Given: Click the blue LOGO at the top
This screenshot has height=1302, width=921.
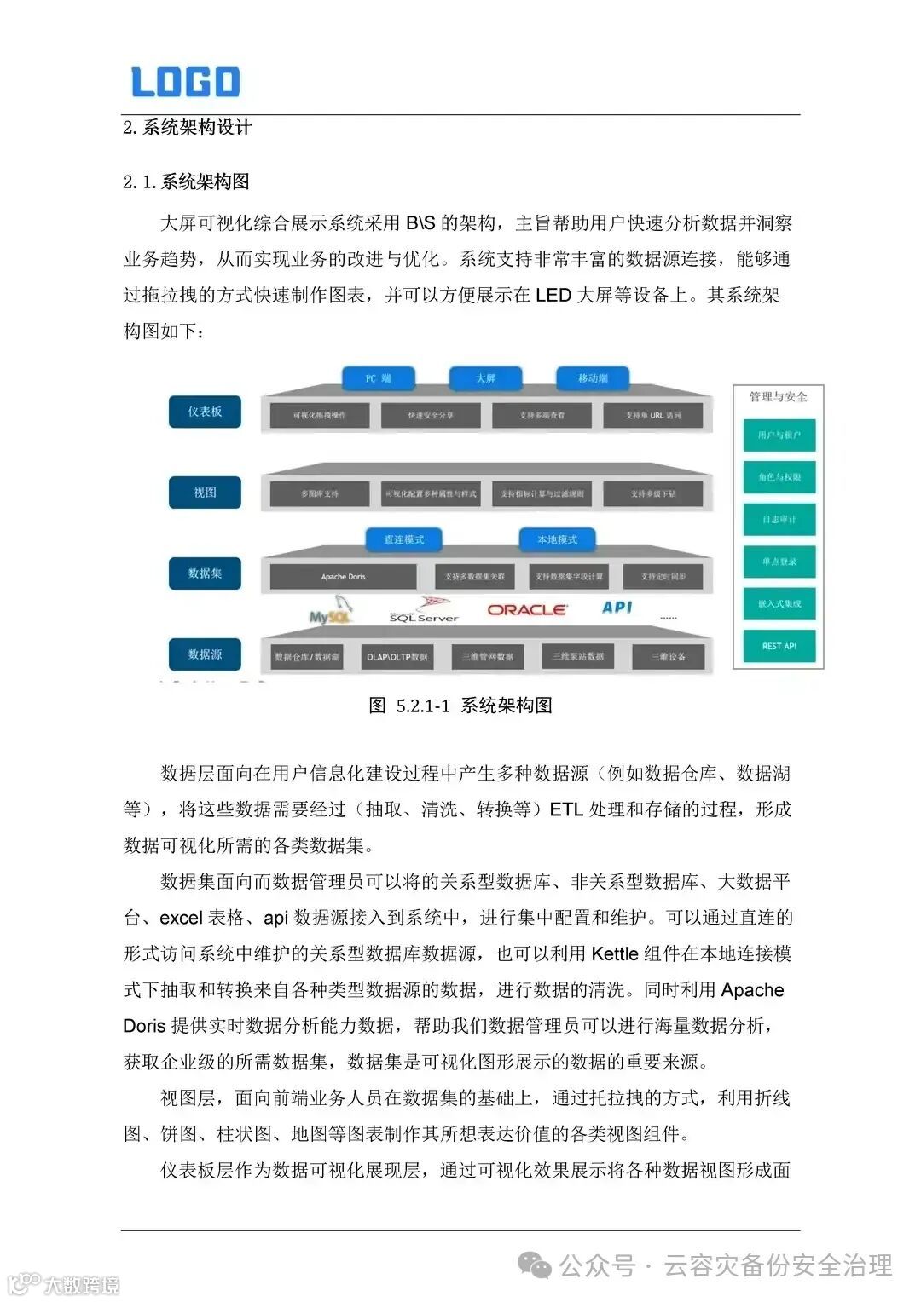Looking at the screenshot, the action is pyautogui.click(x=185, y=82).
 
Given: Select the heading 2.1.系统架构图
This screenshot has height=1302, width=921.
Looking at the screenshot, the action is pyautogui.click(x=186, y=181).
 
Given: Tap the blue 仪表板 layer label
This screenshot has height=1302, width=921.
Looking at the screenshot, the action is pyautogui.click(x=205, y=412).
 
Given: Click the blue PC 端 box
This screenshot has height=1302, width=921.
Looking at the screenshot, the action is pyautogui.click(x=378, y=378).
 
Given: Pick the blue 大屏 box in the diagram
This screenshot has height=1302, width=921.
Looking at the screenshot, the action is pyautogui.click(x=485, y=378).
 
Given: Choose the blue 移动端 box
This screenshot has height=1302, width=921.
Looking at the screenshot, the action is pyautogui.click(x=593, y=378).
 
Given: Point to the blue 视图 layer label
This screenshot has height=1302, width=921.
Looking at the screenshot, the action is pyautogui.click(x=205, y=493).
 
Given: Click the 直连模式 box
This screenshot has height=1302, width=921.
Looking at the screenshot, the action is pyautogui.click(x=403, y=539).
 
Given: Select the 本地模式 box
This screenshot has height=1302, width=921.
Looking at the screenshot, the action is pyautogui.click(x=557, y=539).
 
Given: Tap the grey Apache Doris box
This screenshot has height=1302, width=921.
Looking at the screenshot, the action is pyautogui.click(x=343, y=577).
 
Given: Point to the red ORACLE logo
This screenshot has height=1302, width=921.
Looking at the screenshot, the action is pyautogui.click(x=526, y=610).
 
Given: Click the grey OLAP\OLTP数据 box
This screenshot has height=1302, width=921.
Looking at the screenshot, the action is pyautogui.click(x=397, y=657).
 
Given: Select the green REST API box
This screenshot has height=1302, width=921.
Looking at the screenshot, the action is pyautogui.click(x=779, y=646).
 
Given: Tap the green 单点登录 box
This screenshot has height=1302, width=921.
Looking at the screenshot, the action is pyautogui.click(x=779, y=562).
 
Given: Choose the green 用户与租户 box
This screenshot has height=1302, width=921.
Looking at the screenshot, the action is pyautogui.click(x=779, y=435).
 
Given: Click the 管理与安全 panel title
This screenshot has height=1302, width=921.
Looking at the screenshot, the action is pyautogui.click(x=778, y=396).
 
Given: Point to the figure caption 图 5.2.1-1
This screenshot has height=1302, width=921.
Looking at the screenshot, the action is pyautogui.click(x=460, y=706).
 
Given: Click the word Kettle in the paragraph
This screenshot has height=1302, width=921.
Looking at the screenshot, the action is pyautogui.click(x=614, y=953).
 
